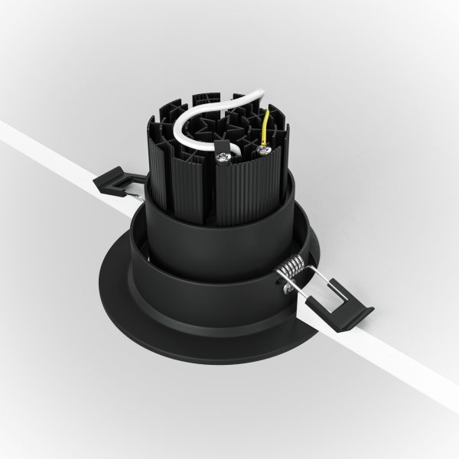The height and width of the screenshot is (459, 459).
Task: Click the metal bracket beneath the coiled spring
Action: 287,287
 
